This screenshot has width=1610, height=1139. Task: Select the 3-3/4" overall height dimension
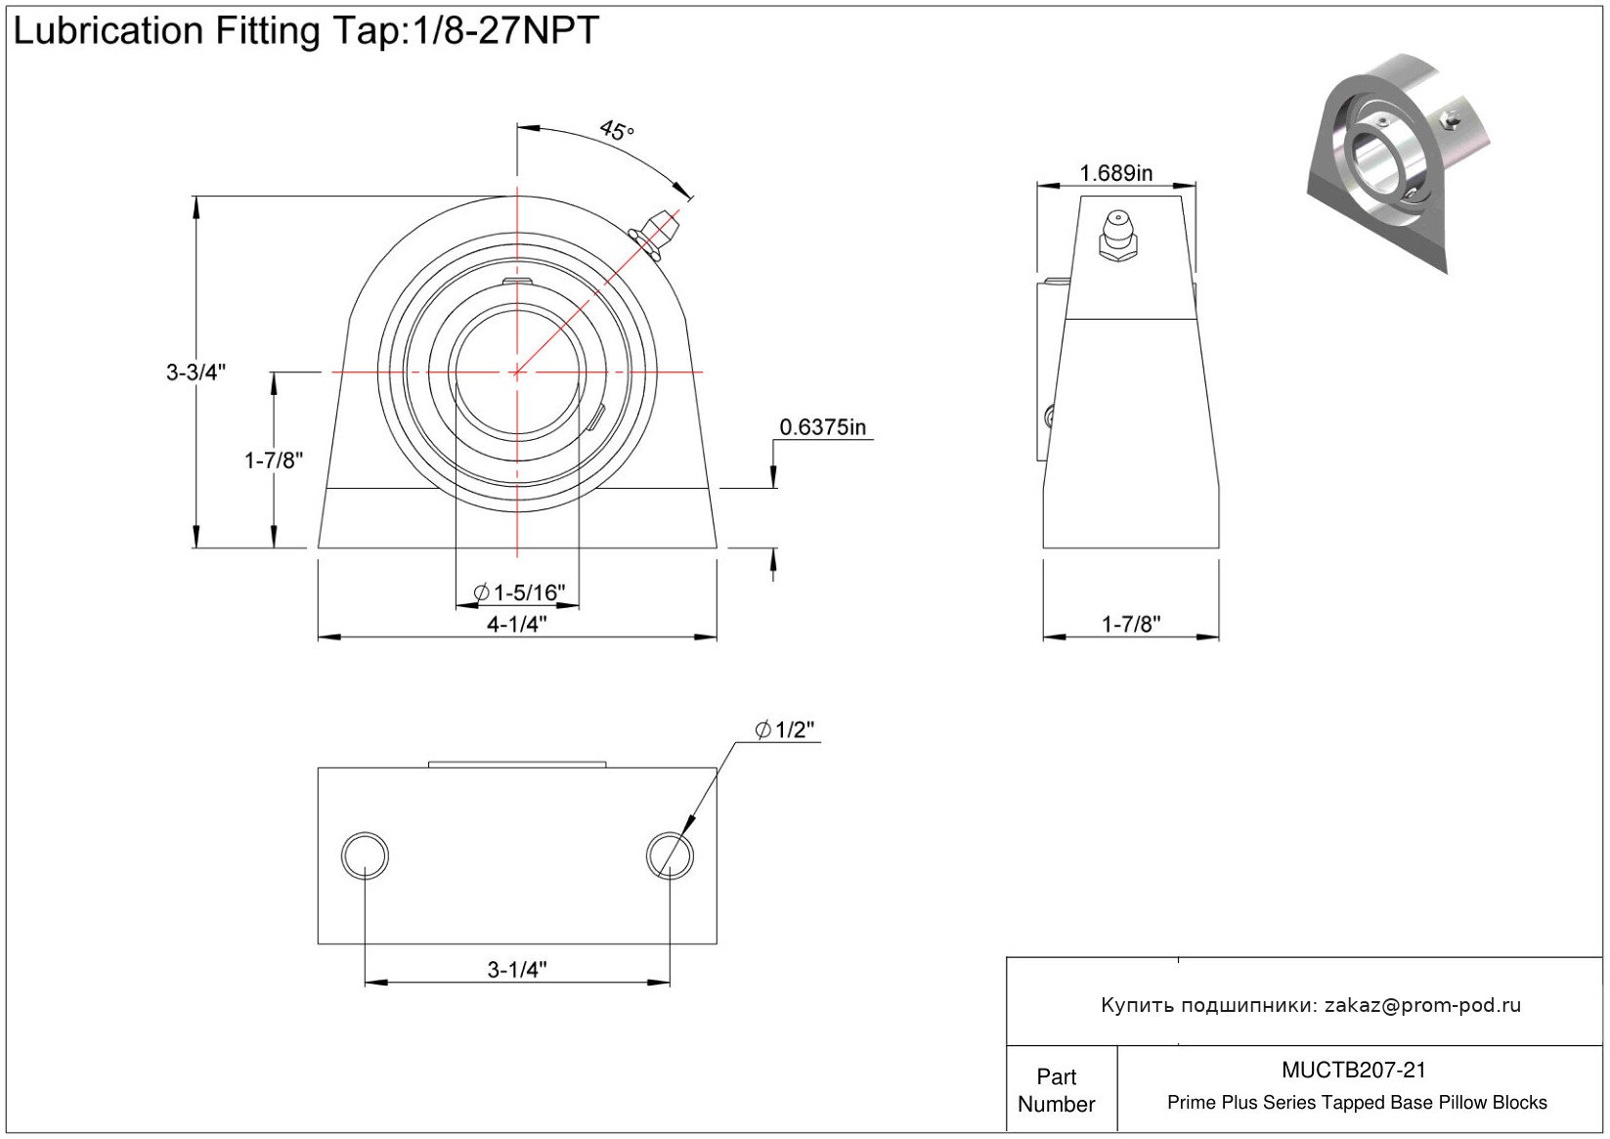coord(196,372)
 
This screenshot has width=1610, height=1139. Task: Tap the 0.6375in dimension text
coord(822,427)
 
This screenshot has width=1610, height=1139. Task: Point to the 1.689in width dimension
coord(1115,173)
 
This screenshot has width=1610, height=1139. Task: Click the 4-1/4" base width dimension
coord(517,624)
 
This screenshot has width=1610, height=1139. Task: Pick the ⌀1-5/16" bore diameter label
coord(519,592)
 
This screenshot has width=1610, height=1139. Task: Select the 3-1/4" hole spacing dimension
coord(517,969)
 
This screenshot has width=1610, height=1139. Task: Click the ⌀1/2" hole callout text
coord(784,730)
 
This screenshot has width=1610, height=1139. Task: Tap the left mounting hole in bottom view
coord(365,855)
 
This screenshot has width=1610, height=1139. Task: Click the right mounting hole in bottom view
coord(670,855)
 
